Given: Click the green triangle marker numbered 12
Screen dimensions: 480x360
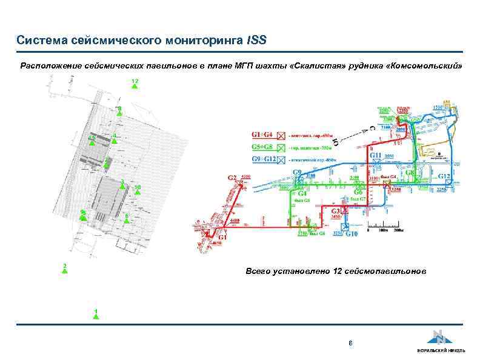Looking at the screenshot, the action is (x=135, y=86).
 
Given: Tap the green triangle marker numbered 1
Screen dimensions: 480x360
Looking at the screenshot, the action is (x=95, y=316).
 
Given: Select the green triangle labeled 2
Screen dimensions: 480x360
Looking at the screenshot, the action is (x=64, y=271).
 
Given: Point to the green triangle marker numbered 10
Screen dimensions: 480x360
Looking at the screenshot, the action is (x=138, y=192).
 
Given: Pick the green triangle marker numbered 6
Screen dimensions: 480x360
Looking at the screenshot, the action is (x=126, y=221).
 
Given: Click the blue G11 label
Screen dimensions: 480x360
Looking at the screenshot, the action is (x=376, y=156).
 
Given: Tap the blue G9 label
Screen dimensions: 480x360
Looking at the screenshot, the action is (x=298, y=173).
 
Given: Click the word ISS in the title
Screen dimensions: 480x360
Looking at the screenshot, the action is (x=257, y=41).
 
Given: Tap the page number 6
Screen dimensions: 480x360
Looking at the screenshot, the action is (x=350, y=344).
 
